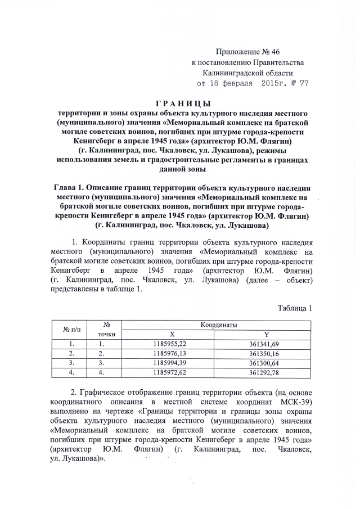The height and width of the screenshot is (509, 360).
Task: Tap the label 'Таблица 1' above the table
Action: (x=294, y=308)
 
